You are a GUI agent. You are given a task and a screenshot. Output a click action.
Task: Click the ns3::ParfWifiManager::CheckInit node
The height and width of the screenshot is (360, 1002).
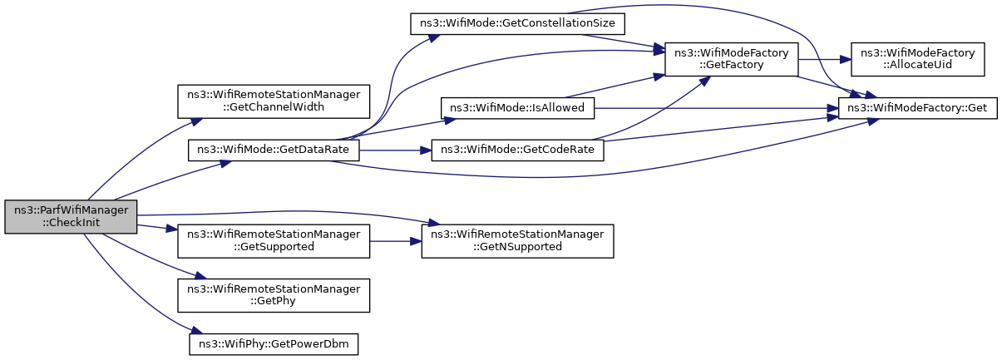(71, 216)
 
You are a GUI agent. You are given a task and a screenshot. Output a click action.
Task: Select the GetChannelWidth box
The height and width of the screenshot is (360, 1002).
(274, 101)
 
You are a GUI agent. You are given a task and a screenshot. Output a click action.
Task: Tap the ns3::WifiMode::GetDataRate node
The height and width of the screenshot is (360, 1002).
(274, 150)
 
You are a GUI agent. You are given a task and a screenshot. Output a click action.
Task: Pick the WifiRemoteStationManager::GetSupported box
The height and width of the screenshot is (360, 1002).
(274, 241)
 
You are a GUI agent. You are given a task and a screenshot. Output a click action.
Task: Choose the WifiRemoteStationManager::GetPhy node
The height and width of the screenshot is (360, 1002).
(274, 296)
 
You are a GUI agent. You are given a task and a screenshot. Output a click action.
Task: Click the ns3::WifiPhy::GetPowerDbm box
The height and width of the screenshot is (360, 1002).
(274, 344)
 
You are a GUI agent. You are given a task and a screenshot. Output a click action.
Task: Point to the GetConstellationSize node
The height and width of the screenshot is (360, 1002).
(517, 24)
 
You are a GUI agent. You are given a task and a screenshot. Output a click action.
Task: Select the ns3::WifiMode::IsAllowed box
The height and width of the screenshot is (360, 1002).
(517, 108)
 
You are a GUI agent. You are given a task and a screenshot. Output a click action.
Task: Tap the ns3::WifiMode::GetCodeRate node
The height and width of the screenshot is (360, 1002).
(517, 150)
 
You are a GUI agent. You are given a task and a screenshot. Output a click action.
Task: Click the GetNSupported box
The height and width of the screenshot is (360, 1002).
(517, 241)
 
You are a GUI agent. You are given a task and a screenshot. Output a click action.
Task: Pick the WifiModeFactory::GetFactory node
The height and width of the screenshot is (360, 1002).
(732, 60)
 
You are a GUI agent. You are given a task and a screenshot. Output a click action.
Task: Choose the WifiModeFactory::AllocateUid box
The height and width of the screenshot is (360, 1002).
(917, 60)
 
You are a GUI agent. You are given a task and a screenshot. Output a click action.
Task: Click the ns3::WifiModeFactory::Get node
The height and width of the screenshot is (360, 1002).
(917, 108)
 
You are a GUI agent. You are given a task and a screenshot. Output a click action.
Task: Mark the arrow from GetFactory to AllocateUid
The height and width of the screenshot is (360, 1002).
(824, 60)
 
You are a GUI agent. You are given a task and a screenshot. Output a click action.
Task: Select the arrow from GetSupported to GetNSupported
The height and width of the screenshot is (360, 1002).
(396, 241)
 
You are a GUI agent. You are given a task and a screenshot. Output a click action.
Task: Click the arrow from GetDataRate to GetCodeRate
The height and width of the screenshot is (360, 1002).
(395, 150)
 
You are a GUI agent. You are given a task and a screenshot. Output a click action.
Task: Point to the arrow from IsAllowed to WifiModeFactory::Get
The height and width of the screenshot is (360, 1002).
(716, 108)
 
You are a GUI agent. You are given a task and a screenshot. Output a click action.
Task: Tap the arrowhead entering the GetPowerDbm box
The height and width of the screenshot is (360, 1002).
(196, 332)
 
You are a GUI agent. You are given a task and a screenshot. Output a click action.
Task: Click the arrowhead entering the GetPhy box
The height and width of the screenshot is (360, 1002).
(200, 276)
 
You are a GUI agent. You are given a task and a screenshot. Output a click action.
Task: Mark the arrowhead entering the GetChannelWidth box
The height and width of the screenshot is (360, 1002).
(196, 121)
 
